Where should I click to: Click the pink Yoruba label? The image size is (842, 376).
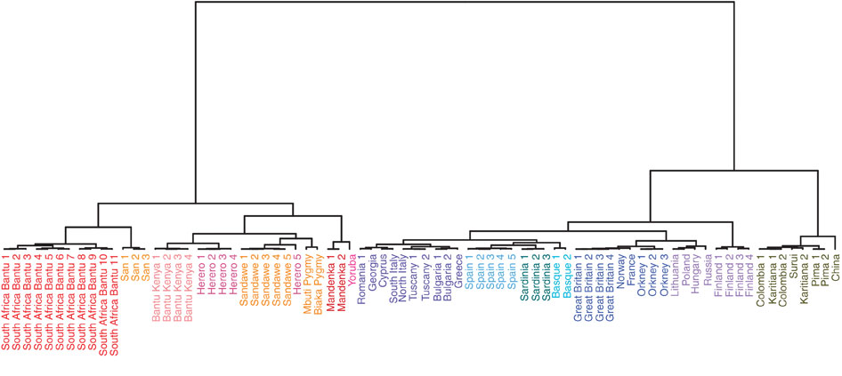[x=352, y=268]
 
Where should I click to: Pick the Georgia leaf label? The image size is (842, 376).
[x=373, y=270]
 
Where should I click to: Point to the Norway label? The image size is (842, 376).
[x=620, y=269]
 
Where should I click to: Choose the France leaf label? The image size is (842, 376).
[x=632, y=268]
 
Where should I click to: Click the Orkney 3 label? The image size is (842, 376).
[x=664, y=274]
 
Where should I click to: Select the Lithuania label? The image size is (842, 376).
[x=675, y=273]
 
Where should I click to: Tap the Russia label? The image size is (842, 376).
[x=707, y=268]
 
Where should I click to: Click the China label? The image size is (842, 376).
[x=836, y=267]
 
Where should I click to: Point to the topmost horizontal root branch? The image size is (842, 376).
[x=465, y=2]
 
